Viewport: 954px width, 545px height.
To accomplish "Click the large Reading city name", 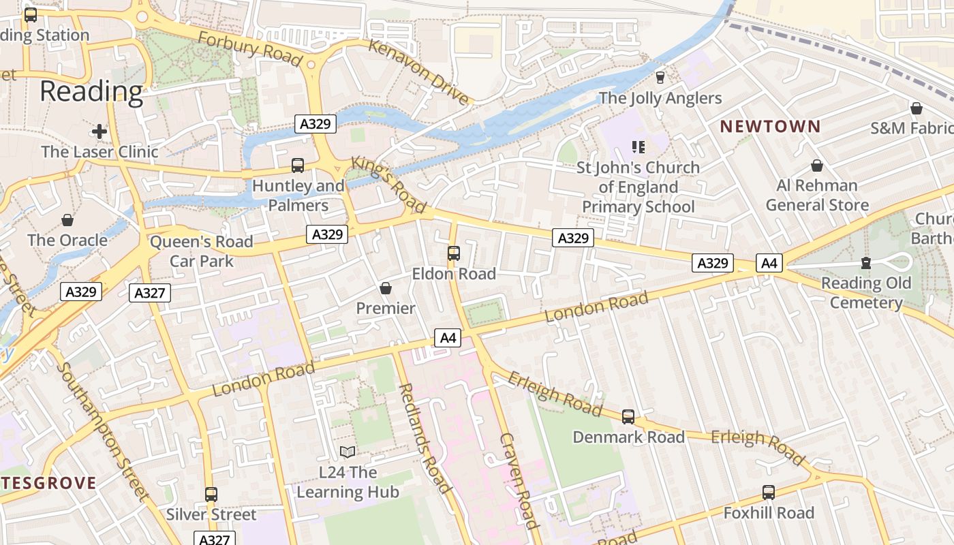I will click(91, 91).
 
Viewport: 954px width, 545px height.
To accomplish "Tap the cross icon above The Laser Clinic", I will click(99, 131).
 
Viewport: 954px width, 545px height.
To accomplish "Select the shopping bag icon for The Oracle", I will click(67, 220).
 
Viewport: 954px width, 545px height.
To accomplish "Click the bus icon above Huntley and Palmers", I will click(298, 165).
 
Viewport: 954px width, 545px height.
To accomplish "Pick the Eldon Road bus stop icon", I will click(454, 253).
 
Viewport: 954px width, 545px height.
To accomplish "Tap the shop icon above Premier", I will click(386, 288).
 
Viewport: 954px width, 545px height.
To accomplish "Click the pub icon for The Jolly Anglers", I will click(660, 78).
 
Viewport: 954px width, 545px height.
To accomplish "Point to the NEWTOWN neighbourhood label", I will click(771, 126).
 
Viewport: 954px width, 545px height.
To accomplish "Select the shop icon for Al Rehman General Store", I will click(817, 166).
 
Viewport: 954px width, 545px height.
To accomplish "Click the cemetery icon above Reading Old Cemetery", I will click(866, 263).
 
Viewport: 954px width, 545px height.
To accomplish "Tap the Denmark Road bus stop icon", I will click(628, 417).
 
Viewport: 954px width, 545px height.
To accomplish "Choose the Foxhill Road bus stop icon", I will click(769, 493).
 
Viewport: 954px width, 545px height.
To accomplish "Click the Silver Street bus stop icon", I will click(211, 495).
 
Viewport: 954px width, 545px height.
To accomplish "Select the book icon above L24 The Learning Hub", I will click(348, 452).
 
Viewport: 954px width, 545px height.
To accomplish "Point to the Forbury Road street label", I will click(249, 49).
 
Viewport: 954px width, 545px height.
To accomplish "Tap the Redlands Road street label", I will click(424, 437).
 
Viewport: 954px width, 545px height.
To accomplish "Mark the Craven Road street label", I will click(519, 480).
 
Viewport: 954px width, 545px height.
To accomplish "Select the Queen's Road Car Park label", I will click(201, 251).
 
